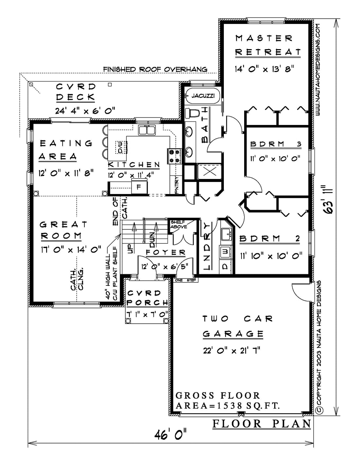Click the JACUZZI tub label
tap(203, 96)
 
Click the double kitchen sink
tap(147, 130)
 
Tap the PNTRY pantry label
tap(177, 185)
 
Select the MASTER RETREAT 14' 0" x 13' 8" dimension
tap(264, 69)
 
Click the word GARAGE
tap(233, 334)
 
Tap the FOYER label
tap(166, 252)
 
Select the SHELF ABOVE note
tap(179, 224)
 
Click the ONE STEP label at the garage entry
tap(185, 280)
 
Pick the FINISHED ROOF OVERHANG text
tap(155, 69)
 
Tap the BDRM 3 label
tap(276, 144)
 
